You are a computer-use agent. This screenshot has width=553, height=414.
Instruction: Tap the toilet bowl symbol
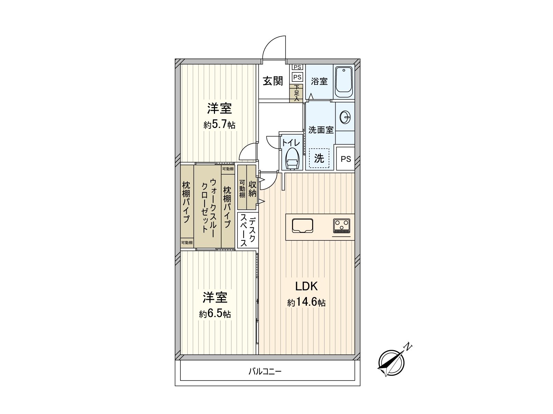[x=292, y=159]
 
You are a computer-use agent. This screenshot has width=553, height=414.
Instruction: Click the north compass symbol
[x=392, y=363]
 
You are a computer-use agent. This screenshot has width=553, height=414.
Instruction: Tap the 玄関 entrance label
[x=273, y=81]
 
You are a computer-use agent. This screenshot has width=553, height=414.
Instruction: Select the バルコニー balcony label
[x=265, y=372]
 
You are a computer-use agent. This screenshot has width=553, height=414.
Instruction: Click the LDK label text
[x=306, y=286]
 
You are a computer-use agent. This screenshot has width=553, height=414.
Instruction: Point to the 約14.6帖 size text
[x=306, y=303]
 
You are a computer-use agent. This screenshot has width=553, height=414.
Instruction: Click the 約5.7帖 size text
[x=219, y=125]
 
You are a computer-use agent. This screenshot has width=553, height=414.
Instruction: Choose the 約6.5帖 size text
[x=215, y=314]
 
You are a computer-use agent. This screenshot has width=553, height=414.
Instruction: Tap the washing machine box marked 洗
[x=319, y=158]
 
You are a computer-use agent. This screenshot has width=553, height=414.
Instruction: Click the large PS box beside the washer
[x=346, y=159]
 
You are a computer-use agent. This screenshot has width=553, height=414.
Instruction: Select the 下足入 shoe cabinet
[x=297, y=93]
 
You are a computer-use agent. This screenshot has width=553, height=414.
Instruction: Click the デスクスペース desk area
[x=247, y=230]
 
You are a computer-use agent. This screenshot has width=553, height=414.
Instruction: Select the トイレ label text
[x=291, y=142]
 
